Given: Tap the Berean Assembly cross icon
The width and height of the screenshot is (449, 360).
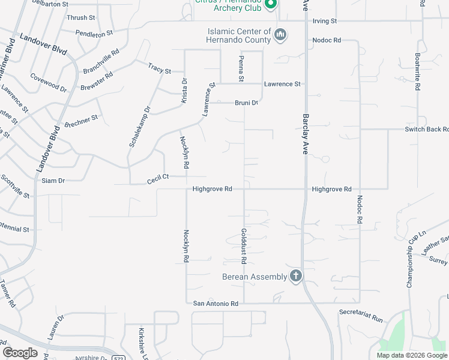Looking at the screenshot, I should pos(295,276).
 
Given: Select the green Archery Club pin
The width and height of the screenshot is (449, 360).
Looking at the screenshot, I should pos(270,4).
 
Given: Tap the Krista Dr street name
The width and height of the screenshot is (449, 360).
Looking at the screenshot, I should pos(184,91).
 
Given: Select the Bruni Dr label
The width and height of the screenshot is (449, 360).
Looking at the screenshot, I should pos(246,103).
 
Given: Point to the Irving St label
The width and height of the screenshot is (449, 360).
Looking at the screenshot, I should pos(325,21).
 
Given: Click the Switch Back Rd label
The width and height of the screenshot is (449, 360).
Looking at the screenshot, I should pos(426,129).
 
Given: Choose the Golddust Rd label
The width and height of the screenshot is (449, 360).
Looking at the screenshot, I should pos(244,246).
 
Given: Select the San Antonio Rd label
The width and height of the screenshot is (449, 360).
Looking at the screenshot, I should pos(215,304).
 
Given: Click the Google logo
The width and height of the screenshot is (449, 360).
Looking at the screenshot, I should pos(20,353).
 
